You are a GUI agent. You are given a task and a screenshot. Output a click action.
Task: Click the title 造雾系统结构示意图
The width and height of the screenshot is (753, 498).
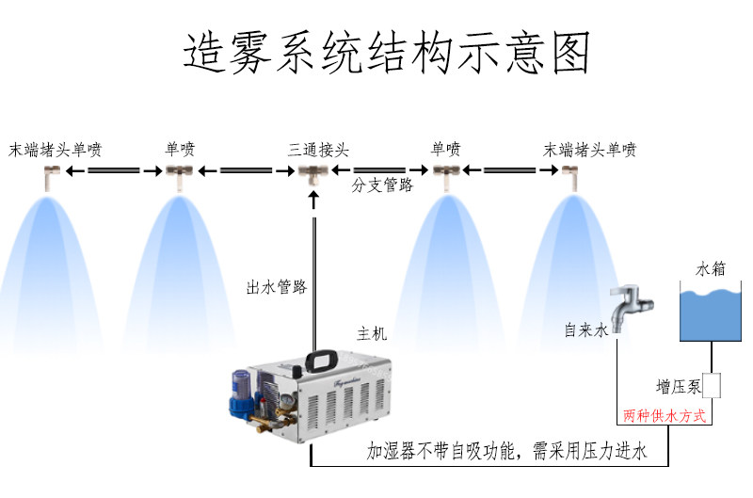386,53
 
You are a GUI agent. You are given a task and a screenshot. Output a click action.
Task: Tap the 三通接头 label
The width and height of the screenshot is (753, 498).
318,150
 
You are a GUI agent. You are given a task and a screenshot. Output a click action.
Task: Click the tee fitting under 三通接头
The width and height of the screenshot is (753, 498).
313,174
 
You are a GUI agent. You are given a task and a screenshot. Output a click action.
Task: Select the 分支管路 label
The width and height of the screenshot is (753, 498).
382,185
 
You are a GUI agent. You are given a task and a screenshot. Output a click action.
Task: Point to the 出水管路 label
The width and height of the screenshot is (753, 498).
277,287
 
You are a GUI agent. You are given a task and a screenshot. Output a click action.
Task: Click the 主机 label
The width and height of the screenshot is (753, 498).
372,333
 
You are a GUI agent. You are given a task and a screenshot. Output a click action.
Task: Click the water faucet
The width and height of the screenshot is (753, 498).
629,306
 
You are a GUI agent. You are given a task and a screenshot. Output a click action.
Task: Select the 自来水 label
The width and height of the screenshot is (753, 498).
585,329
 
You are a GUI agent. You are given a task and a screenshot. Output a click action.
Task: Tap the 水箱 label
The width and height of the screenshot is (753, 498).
711,269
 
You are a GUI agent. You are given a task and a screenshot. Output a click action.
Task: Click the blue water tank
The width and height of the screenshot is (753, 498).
711,314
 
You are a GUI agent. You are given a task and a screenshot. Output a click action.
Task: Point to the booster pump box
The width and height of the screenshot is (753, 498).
712,386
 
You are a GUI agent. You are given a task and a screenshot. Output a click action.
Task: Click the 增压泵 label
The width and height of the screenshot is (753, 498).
679,387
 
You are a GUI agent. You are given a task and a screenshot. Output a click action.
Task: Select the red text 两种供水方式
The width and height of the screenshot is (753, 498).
665,415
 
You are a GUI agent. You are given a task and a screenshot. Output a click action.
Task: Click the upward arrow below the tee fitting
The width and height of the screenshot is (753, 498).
314,200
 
